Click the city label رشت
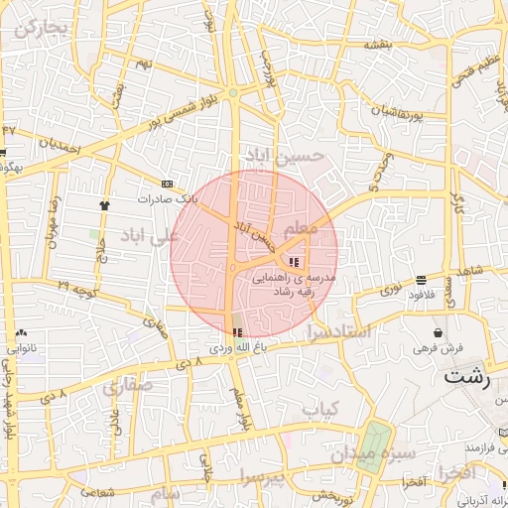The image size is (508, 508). pyautogui.click(x=467, y=376)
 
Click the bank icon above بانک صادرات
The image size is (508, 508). pyautogui.click(x=166, y=184)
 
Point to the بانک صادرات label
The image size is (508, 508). pyautogui.click(x=168, y=198)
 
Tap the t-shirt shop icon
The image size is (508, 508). pyautogui.click(x=104, y=204)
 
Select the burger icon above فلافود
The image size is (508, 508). pyautogui.click(x=422, y=280)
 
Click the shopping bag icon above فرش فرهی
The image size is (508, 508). pyautogui.click(x=438, y=332)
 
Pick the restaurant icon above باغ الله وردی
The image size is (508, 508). pyautogui.click(x=236, y=332)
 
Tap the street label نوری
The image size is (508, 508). pyautogui.click(x=393, y=291)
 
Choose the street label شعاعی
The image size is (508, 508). pyautogui.click(x=95, y=492)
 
